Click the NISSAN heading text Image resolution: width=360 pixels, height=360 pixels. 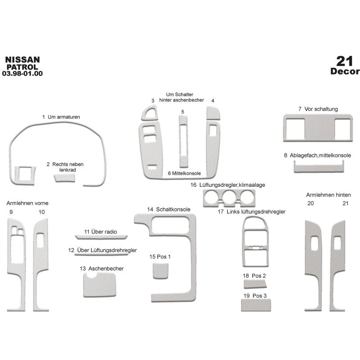[22, 60]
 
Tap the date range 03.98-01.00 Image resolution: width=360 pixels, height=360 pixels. [22, 73]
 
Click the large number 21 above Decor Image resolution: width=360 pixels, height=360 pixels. [344, 61]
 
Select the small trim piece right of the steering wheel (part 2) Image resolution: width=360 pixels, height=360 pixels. [65, 178]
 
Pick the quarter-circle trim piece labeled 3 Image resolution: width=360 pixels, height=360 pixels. [149, 113]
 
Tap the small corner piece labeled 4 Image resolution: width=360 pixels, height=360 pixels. [213, 113]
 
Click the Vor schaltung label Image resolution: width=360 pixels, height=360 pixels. [321, 109]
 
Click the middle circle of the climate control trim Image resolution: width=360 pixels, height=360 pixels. [229, 197]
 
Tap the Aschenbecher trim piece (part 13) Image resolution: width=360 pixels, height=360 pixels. [99, 285]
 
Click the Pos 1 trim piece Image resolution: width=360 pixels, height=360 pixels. [161, 271]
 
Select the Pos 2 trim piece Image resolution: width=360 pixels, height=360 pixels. [255, 284]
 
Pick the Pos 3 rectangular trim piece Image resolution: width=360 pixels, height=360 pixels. [256, 305]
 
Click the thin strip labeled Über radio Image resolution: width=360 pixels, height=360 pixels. [101, 237]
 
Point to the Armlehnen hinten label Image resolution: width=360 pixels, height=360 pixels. [328, 195]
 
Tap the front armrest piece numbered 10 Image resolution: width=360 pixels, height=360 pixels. [40, 265]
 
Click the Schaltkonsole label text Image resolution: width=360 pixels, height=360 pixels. [173, 209]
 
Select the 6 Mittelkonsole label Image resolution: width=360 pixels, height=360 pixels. [184, 173]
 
